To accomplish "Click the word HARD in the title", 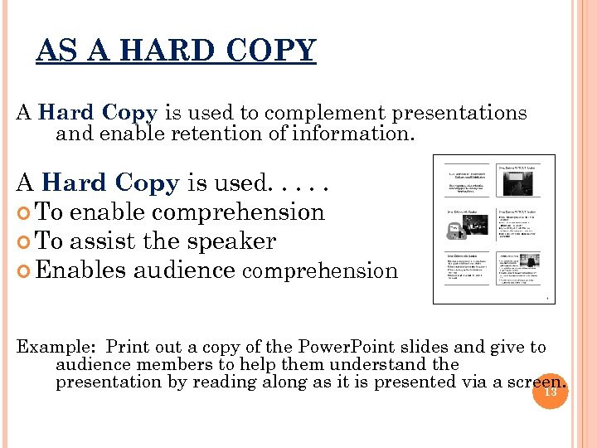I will (x=151, y=51).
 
